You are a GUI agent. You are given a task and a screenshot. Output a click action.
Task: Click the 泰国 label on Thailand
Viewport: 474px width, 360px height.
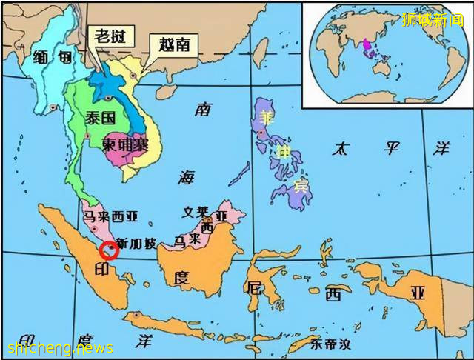click(x=99, y=118)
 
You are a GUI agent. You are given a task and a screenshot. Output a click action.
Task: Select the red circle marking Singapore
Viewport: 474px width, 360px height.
click(x=109, y=251)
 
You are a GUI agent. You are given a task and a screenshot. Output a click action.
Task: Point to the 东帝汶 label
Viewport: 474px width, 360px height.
click(x=330, y=344)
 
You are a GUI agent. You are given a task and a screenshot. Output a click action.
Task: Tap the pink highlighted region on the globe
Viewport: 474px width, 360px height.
click(x=365, y=47)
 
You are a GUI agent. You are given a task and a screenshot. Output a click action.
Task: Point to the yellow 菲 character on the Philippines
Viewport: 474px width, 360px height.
click(x=266, y=116)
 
